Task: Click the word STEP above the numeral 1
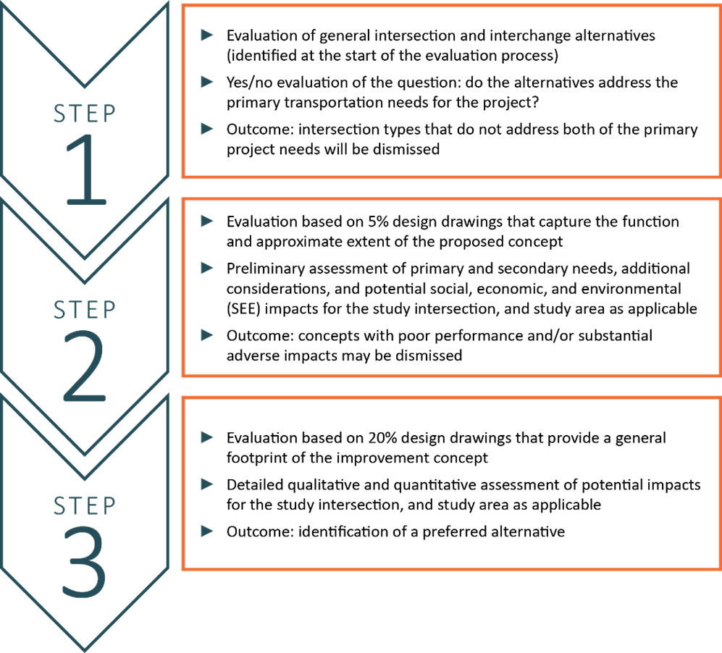click(85, 114)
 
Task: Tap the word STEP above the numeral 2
click(85, 310)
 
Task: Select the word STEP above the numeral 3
click(85, 505)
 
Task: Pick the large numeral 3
click(84, 563)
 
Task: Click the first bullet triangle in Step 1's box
click(207, 35)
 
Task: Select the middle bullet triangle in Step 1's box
click(207, 82)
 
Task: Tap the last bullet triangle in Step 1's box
click(207, 129)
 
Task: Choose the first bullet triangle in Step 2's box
click(207, 221)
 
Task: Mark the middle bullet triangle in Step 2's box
click(207, 268)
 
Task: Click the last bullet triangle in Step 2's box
click(207, 334)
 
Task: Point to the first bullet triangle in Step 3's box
click(207, 437)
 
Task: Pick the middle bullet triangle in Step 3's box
click(207, 484)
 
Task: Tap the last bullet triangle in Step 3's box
click(207, 531)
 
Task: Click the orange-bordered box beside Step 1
click(450, 90)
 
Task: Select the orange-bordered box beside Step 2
click(450, 287)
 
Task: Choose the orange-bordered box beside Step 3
click(450, 483)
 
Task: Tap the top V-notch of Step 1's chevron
click(85, 86)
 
